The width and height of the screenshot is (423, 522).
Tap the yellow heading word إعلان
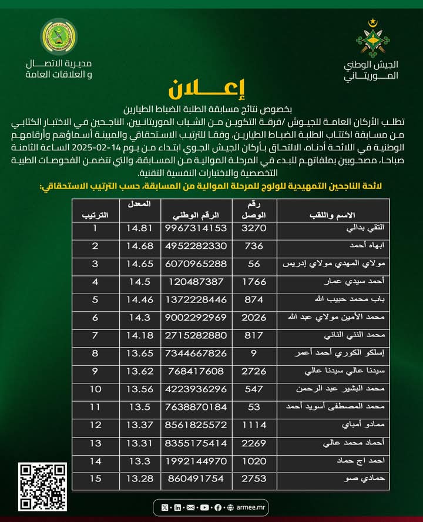pos(211,89)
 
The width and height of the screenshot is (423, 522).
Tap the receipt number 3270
pos(254,227)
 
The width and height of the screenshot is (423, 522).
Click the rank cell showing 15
pos(95,479)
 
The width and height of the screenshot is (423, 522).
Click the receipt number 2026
pos(254,317)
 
